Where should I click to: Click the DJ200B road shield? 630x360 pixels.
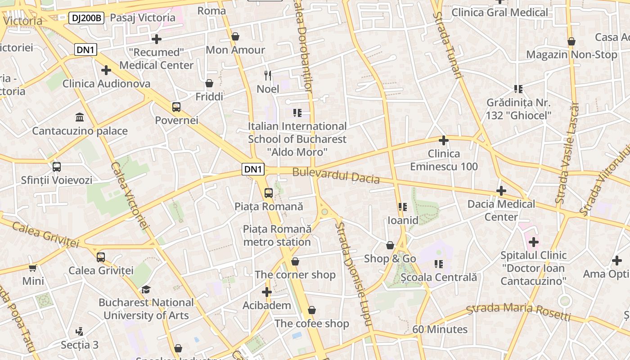coord(86,18)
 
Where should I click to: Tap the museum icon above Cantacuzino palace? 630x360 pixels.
coord(80,117)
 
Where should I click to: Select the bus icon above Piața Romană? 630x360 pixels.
coord(269,193)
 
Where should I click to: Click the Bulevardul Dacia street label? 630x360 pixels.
coord(336,175)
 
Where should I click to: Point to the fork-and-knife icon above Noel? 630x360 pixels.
coord(268,75)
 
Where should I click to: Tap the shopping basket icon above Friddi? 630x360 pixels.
coord(209,83)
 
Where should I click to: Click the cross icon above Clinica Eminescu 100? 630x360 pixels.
coord(444,140)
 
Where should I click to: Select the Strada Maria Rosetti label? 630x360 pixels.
coord(518,311)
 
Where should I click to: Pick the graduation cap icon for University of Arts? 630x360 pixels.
coord(146,289)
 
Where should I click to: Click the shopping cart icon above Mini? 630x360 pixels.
coord(33,268)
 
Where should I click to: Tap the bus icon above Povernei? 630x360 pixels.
coord(176,107)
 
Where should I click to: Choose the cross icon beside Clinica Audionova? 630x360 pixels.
coord(106,70)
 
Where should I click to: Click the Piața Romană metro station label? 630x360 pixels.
coord(277,235)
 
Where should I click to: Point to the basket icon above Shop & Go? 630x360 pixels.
coord(390,245)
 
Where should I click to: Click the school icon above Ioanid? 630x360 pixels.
coord(403,207)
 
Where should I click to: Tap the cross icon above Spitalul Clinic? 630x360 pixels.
coord(534,242)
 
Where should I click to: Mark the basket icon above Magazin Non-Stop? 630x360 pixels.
coord(571,41)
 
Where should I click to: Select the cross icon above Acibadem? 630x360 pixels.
coord(267,292)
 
